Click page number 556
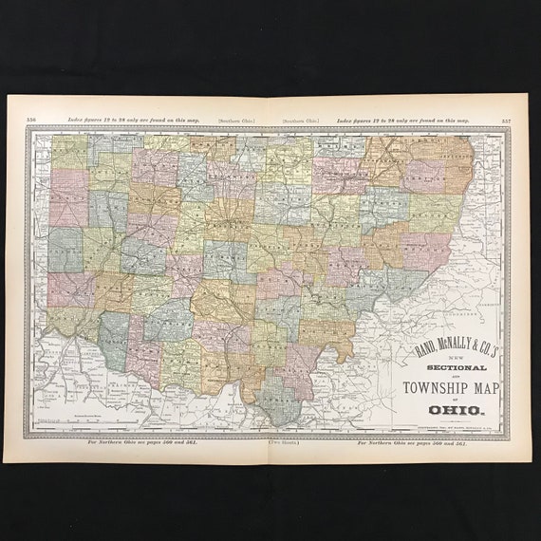coord(31,119)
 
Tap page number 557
coord(506,120)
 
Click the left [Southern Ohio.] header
coord(236,121)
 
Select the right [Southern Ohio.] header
coord(303,121)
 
